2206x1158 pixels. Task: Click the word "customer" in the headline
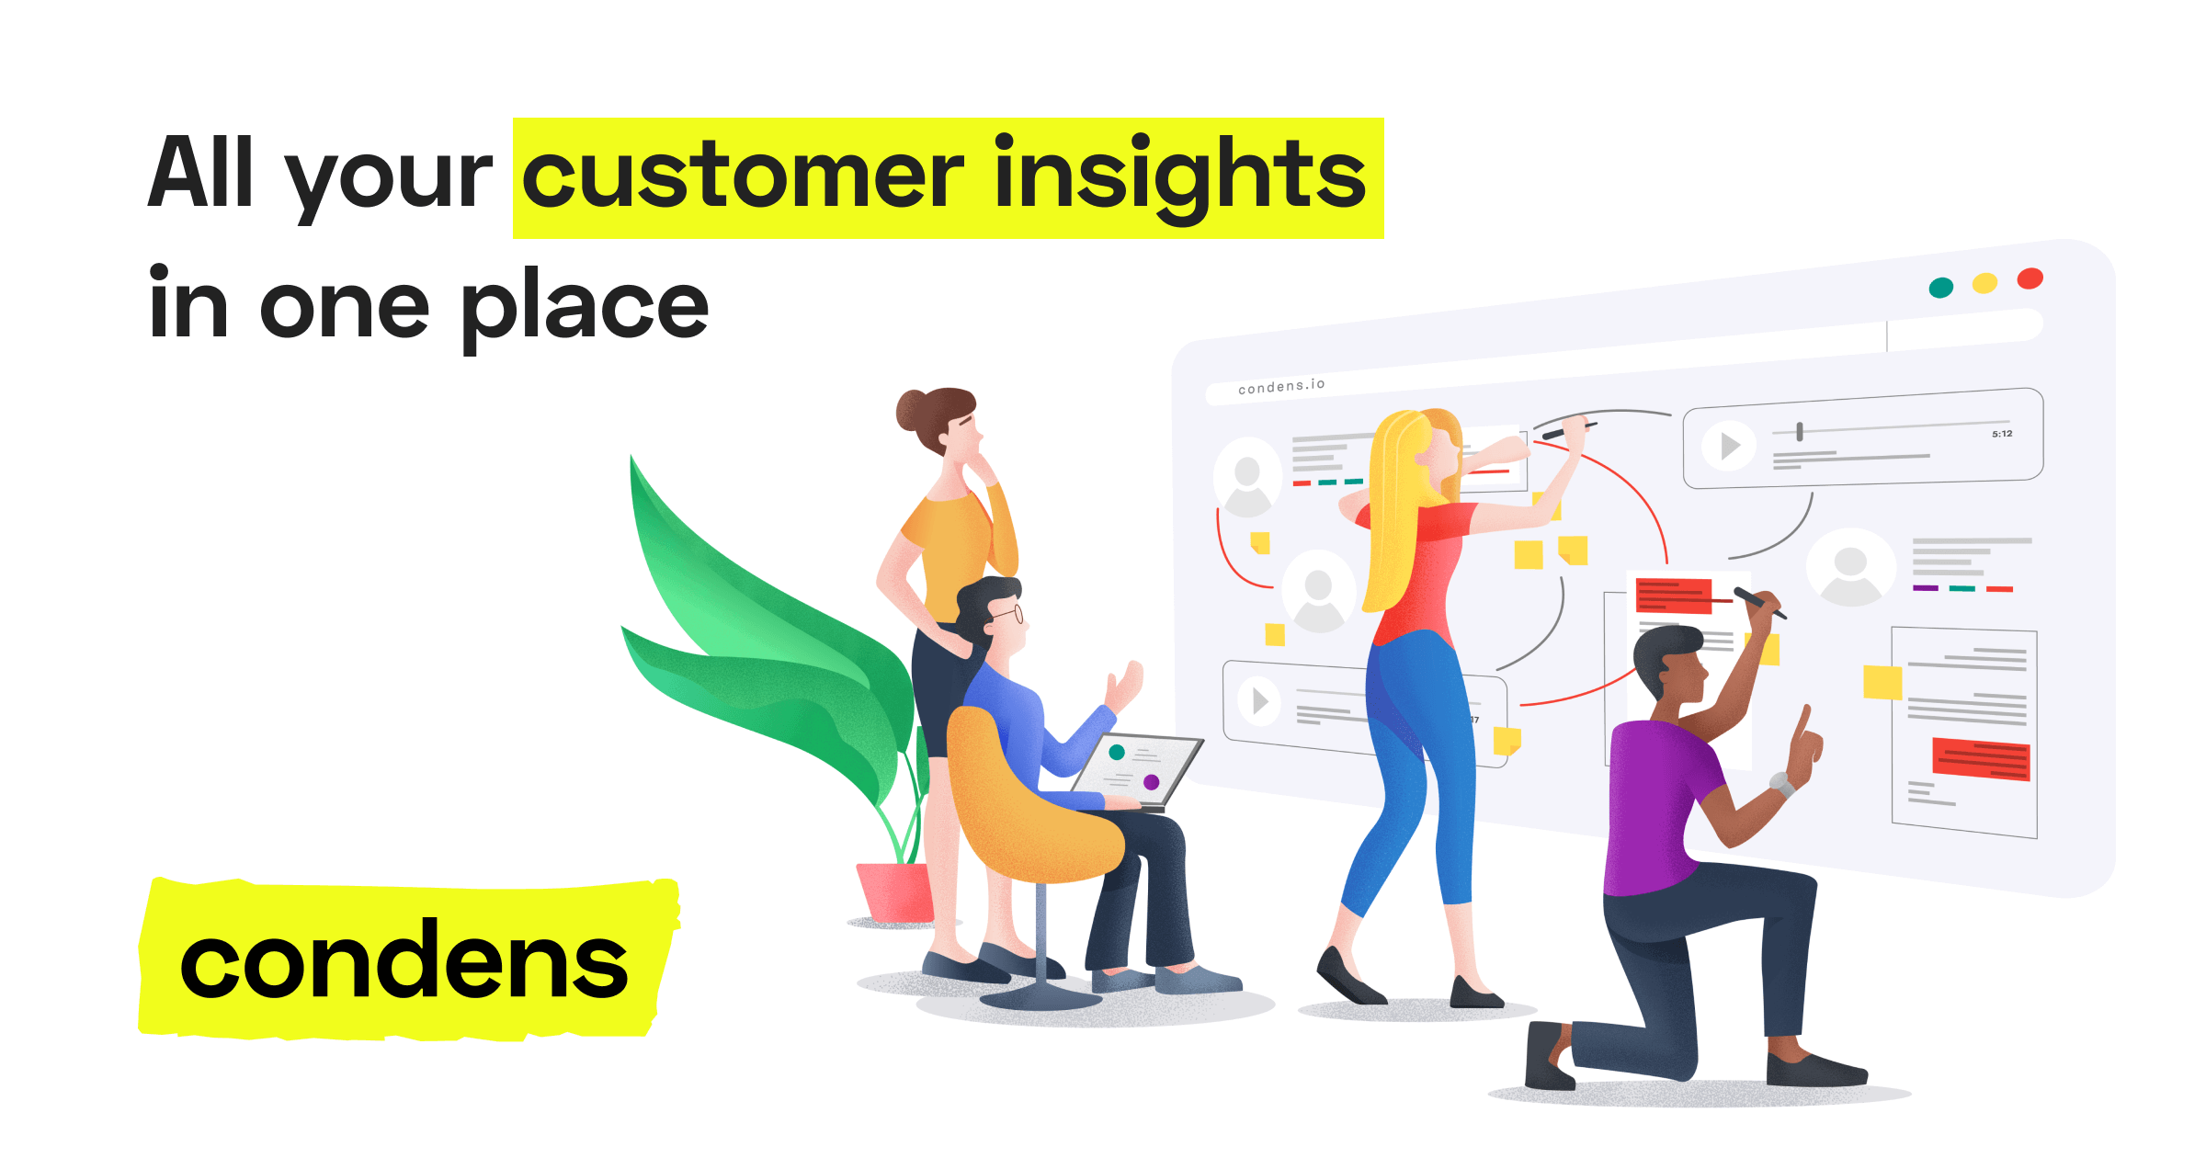pos(743,176)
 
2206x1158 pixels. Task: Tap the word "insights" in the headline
pos(1180,176)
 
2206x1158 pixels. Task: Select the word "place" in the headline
pos(585,307)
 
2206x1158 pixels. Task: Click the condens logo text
pos(404,961)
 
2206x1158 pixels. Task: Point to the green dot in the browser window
pos(1940,288)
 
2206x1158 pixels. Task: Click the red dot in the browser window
pos(2030,278)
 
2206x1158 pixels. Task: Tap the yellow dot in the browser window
pos(1985,283)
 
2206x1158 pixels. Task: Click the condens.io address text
pos(1281,386)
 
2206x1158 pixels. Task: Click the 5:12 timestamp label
pos(2002,434)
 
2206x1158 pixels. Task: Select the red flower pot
pos(894,891)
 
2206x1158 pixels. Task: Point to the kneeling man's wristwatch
pos(1782,785)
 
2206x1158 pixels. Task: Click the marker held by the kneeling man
pos(1759,602)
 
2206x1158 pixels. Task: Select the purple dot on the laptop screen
pos(1151,782)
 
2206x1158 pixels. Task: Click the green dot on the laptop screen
pos(1117,753)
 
